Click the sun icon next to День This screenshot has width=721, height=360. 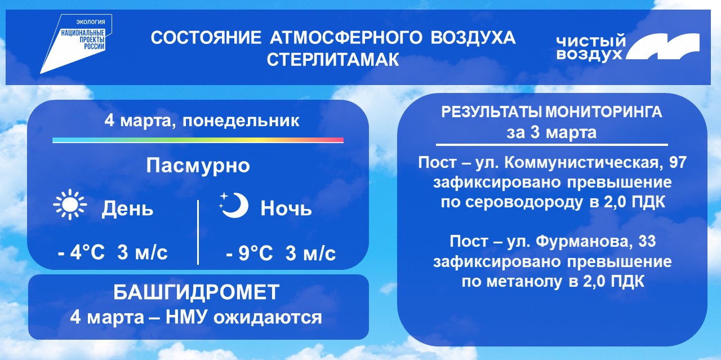70,205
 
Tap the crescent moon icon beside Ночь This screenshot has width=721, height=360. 237,206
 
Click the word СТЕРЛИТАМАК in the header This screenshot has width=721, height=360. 333,60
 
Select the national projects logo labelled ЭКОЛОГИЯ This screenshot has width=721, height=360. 75,43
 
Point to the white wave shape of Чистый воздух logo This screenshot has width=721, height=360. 663,47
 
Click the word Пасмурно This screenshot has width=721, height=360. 198,166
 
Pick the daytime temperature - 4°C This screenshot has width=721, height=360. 82,252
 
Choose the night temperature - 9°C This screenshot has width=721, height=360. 250,253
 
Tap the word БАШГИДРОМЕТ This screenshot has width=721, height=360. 197,292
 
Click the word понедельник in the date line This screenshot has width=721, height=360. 241,121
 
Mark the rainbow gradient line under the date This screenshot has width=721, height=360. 198,140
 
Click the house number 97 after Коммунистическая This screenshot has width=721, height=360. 678,162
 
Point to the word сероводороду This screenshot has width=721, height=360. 524,203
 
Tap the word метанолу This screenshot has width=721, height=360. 524,282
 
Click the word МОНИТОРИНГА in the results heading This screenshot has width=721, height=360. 604,112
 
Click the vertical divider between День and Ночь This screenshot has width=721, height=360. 198,232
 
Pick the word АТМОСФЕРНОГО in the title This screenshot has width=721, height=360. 346,38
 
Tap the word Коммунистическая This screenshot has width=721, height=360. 583,163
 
